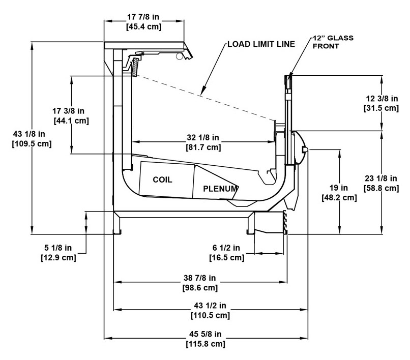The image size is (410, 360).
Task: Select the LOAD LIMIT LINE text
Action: (x=260, y=44)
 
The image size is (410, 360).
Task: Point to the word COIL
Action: (x=163, y=180)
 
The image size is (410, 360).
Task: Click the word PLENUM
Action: (x=220, y=188)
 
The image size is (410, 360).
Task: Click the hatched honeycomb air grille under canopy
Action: (x=135, y=68)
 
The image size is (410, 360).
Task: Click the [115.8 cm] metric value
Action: (x=207, y=344)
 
